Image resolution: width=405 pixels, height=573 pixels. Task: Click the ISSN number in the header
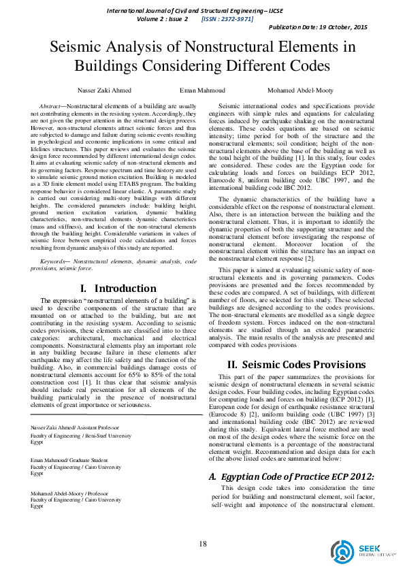coord(227,18)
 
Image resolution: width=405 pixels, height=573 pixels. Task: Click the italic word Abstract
coord(52,107)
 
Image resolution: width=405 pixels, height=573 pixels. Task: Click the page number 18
coord(202,543)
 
